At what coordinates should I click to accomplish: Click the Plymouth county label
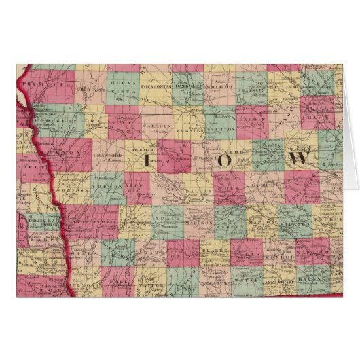(47, 85)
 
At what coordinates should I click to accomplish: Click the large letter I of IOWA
(147, 160)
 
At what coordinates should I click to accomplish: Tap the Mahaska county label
(295, 219)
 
